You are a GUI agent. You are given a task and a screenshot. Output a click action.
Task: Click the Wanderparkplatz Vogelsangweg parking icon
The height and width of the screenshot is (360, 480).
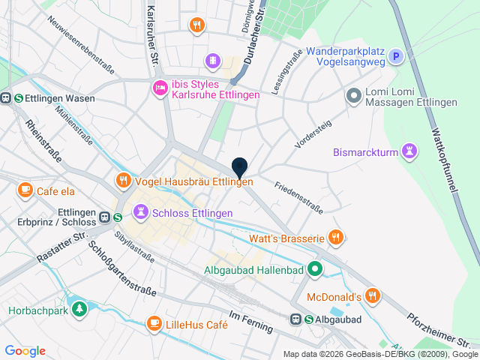[x=396, y=56]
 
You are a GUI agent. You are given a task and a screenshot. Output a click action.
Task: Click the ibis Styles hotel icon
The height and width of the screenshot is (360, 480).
[x=159, y=88]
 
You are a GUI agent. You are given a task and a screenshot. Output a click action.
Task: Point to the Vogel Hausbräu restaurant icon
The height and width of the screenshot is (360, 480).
[x=123, y=181]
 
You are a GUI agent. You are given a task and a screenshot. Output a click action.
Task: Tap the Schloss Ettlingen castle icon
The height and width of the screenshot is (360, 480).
[x=139, y=212]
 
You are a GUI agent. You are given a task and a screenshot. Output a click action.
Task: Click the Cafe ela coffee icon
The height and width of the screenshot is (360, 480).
[x=25, y=190]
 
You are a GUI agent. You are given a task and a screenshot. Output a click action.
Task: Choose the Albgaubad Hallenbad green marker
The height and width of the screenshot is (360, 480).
[x=316, y=268]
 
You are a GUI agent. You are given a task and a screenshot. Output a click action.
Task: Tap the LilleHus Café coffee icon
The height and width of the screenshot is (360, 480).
[x=154, y=323]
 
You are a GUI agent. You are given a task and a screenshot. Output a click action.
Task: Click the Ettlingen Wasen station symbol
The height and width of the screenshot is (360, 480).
[x=6, y=97]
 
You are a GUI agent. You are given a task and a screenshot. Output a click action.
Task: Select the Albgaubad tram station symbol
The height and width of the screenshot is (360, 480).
[x=297, y=319]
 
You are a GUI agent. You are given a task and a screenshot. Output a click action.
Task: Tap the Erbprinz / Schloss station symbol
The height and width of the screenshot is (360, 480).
[x=106, y=217]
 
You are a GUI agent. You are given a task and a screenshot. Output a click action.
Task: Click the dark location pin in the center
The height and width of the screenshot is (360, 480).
[x=239, y=168]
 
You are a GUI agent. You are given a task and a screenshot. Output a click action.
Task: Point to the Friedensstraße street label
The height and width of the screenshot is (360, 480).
[x=298, y=196]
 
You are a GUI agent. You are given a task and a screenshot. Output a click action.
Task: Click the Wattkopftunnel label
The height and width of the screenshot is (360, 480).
[x=442, y=160]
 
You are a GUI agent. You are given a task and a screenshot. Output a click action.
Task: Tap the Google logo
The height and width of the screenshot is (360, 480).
[x=25, y=351]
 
